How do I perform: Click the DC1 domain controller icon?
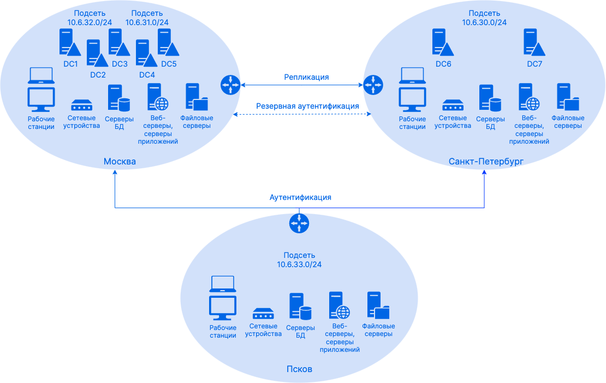click(x=69, y=43)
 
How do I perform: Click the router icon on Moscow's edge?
click(x=230, y=84)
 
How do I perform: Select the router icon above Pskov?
click(x=299, y=223)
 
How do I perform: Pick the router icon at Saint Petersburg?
click(x=373, y=84)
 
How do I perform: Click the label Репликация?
click(x=306, y=77)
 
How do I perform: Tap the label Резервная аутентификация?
click(x=307, y=106)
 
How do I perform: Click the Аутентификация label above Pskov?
click(x=300, y=197)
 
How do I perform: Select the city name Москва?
click(x=120, y=161)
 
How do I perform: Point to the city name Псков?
click(x=299, y=369)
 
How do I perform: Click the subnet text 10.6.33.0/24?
click(x=299, y=264)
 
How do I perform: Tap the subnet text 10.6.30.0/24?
click(x=484, y=22)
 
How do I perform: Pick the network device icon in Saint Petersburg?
click(x=453, y=105)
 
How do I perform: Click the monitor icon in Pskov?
click(x=223, y=307)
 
